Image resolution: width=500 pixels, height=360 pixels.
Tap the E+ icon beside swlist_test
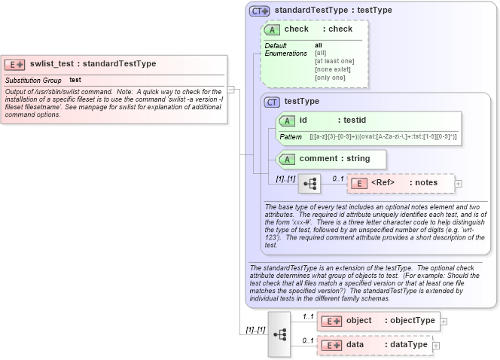tap(16, 65)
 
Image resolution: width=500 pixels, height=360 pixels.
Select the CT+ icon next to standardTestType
tap(260, 11)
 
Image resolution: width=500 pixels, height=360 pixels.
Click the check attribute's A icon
tap(272, 29)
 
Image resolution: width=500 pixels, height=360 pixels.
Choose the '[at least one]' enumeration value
tap(334, 61)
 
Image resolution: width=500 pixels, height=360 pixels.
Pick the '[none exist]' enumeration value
tap(331, 69)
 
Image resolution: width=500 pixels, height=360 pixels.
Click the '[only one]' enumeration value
tap(330, 78)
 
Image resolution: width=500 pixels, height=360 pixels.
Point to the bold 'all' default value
tap(319, 45)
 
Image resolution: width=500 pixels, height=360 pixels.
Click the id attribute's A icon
tap(287, 121)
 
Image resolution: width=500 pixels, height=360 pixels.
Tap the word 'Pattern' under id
tap(291, 137)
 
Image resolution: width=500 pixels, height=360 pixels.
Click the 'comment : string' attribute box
tap(332, 159)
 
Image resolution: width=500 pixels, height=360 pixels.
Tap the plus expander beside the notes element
tap(458, 183)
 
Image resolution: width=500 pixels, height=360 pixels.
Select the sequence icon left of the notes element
tap(309, 184)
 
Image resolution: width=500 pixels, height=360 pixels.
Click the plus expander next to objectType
tap(444, 321)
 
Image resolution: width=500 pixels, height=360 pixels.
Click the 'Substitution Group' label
tap(33, 80)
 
